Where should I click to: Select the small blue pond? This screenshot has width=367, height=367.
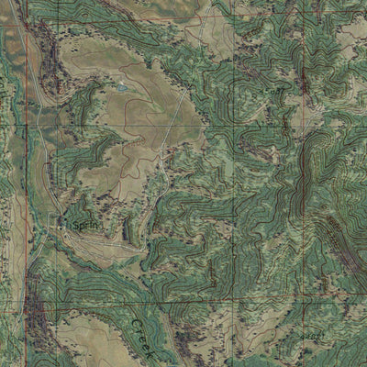tap(121, 88)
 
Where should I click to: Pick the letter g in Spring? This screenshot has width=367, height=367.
tap(93, 225)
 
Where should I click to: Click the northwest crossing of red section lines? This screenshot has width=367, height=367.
tap(27, 18)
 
